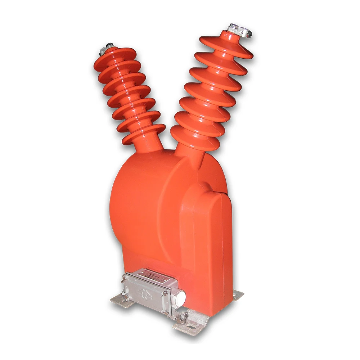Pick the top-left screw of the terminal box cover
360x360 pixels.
click(x=126, y=276)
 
